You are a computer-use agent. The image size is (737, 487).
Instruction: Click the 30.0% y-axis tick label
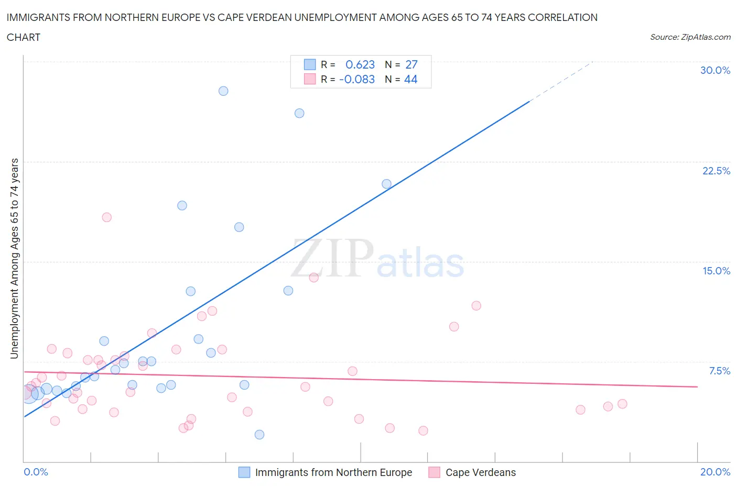tap(715, 70)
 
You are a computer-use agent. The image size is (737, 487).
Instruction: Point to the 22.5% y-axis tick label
tap(716, 171)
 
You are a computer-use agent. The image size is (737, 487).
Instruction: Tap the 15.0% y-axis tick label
tap(716, 271)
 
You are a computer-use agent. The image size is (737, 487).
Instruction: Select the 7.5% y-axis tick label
tap(719, 371)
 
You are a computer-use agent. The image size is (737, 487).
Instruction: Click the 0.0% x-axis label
tap(36, 472)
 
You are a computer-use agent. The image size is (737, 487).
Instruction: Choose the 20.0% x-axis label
tap(715, 472)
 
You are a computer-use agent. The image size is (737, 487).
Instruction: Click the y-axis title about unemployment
tap(14, 258)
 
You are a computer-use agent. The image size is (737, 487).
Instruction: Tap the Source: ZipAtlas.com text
tap(690, 37)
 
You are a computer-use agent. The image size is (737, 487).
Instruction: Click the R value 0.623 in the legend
tap(360, 64)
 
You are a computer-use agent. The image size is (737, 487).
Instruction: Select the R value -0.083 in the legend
tap(357, 79)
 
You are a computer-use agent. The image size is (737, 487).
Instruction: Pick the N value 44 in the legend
tap(411, 79)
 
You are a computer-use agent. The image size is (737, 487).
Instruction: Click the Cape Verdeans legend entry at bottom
tap(480, 472)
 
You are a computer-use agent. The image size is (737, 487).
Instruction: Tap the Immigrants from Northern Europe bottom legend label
tap(333, 472)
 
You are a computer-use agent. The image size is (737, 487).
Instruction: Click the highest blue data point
tap(223, 91)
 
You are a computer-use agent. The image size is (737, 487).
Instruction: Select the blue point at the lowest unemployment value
tap(259, 435)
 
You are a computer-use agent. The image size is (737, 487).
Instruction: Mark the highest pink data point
tap(107, 217)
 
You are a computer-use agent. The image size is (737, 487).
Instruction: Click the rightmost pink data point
tap(622, 404)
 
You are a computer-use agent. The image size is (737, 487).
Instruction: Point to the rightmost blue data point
tap(386, 184)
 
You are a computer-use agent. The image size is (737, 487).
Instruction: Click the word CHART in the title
tap(24, 37)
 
